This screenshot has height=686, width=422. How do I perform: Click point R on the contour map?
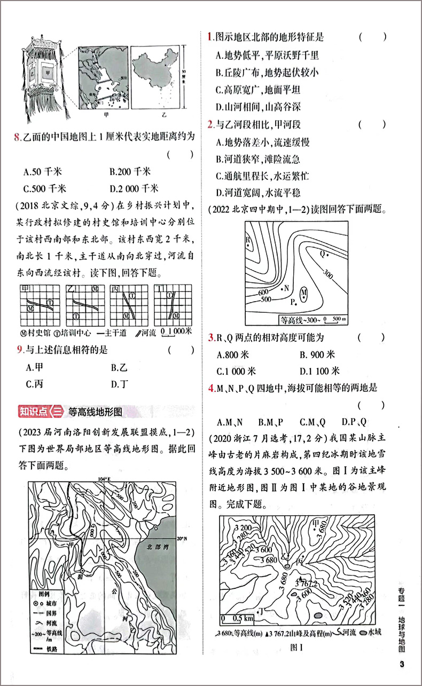pyautogui.click(x=248, y=240)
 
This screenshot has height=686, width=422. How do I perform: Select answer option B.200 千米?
pyautogui.click(x=130, y=172)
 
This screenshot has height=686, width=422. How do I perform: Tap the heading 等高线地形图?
pyautogui.click(x=96, y=412)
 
